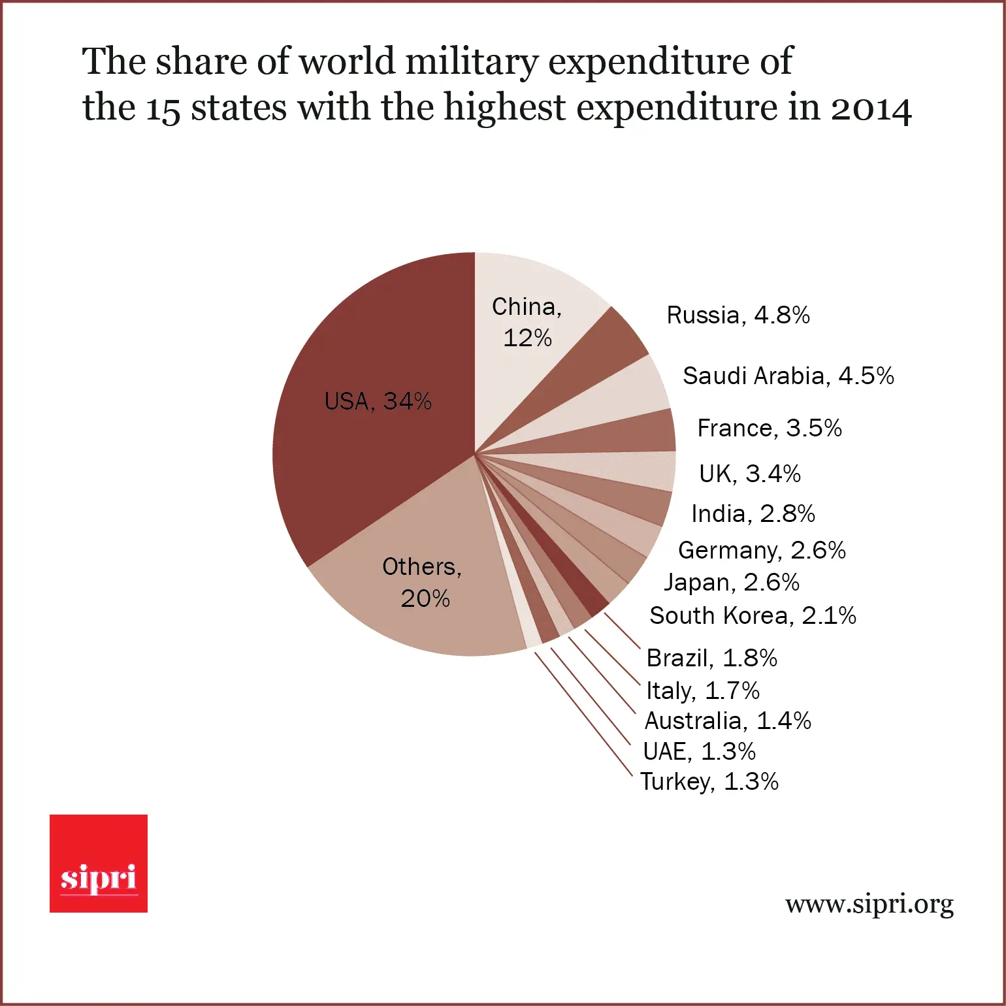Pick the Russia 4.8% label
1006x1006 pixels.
coord(738,316)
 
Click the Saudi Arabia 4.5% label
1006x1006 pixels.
coord(788,376)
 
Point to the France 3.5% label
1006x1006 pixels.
coord(770,429)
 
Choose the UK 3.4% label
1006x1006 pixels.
coord(750,474)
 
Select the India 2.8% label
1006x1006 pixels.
coord(753,514)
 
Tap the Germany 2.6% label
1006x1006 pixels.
coord(762,551)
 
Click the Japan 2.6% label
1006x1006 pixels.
coord(732,583)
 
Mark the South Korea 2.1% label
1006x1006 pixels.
coord(753,616)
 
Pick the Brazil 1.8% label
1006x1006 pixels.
coord(711,658)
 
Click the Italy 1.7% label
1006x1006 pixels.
coord(703,690)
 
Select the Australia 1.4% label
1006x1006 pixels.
coord(728,721)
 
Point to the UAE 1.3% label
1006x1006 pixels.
coord(699,752)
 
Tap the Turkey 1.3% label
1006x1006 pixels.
coord(709,782)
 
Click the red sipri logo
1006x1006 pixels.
coord(99,864)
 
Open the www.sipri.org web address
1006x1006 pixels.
coord(869,905)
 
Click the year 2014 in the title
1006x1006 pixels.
coord(871,108)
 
